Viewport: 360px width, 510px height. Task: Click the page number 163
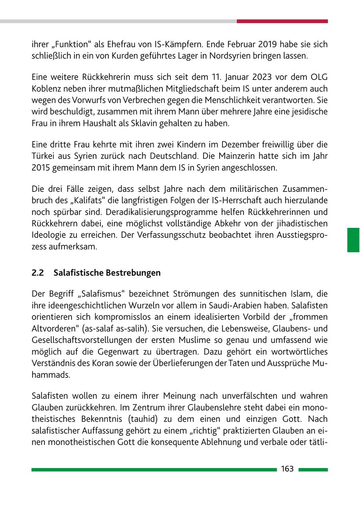(287, 469)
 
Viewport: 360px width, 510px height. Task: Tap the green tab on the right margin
(353, 240)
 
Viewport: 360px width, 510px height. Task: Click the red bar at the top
(282, 21)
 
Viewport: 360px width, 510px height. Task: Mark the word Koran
(105, 364)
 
